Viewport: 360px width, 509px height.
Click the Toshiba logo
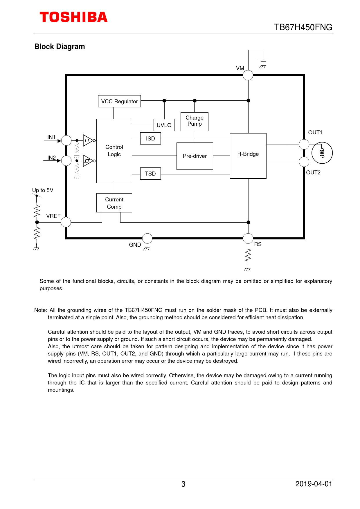pyautogui.click(x=73, y=17)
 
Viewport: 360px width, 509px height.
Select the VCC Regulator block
pyautogui.click(x=119, y=101)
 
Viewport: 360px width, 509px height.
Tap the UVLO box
pyautogui.click(x=164, y=125)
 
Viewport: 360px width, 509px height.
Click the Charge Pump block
pyautogui.click(x=195, y=121)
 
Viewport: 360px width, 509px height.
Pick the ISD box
pyautogui.click(x=150, y=138)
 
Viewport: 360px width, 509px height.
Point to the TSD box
pyautogui.click(x=150, y=174)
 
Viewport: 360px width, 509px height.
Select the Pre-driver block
pyautogui.click(x=195, y=156)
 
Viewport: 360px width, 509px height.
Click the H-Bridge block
pyautogui.click(x=248, y=156)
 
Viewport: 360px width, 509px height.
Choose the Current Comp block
pyautogui.click(x=114, y=203)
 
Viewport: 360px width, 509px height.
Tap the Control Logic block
pyautogui.click(x=114, y=151)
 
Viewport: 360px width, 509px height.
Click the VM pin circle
pyautogui.click(x=248, y=75)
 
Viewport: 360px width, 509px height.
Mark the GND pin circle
pyautogui.click(x=147, y=238)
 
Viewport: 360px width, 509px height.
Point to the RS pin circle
pyautogui.click(x=248, y=238)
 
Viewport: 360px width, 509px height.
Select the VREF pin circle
pyautogui.click(x=66, y=222)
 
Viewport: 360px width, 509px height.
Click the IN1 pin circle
pyautogui.click(x=66, y=140)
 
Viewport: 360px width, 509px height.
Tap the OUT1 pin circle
pyautogui.click(x=304, y=144)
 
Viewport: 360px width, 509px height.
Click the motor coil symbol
pyautogui.click(x=322, y=153)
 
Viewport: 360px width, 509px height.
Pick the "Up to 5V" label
pyautogui.click(x=43, y=190)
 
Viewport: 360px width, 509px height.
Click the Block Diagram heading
pyautogui.click(x=60, y=47)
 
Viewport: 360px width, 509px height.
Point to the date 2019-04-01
pyautogui.click(x=314, y=484)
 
